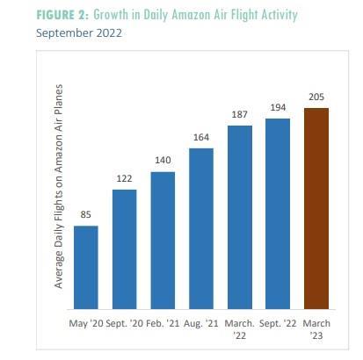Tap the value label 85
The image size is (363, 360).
pyautogui.click(x=85, y=214)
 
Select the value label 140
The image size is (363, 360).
pyautogui.click(x=163, y=160)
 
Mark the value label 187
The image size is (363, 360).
pyautogui.click(x=239, y=114)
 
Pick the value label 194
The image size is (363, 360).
pyautogui.click(x=278, y=107)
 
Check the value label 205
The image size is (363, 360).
pyautogui.click(x=316, y=96)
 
